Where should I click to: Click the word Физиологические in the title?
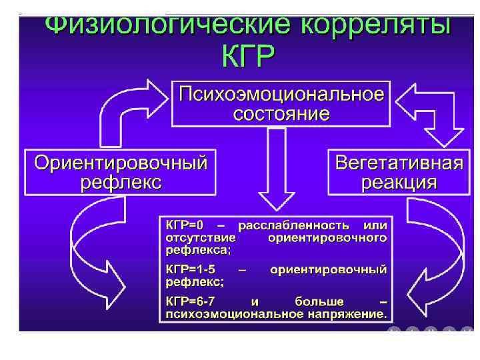coord(167,27)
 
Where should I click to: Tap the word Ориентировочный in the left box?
coord(121,162)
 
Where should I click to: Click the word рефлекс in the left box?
coord(121,182)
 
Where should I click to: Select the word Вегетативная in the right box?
coord(399,162)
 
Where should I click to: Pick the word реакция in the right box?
coord(399,182)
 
